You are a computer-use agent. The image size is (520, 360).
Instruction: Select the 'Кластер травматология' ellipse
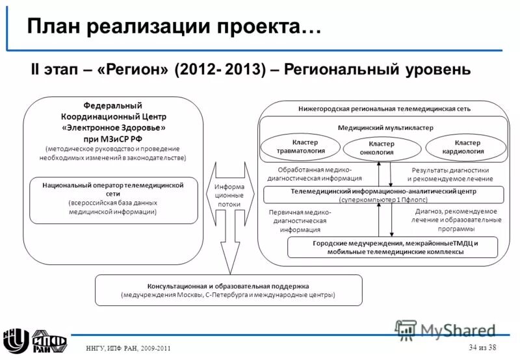coord(300,148)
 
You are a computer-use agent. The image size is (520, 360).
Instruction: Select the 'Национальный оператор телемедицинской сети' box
coord(113,199)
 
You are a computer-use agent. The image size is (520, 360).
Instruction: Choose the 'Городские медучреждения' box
coord(392,247)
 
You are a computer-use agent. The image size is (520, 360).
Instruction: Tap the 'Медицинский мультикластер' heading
coord(385,128)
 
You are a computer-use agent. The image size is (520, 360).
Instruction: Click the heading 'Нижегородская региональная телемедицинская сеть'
coord(384,109)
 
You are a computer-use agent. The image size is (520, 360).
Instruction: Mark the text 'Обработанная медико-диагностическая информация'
coord(310,174)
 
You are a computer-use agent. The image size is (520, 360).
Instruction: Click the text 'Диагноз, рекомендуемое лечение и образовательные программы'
coord(455,220)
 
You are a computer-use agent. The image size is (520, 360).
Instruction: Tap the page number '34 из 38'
coord(482,346)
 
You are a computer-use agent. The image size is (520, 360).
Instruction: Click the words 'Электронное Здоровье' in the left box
coord(116,127)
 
